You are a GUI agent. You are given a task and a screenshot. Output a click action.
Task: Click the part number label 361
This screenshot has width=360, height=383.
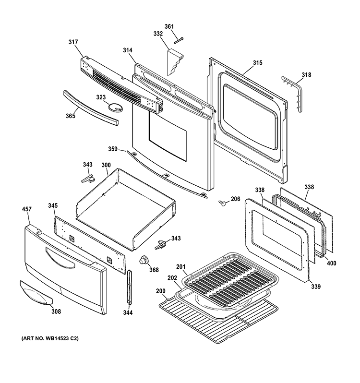(169, 26)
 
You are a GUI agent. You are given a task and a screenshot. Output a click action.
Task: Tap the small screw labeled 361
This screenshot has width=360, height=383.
(179, 40)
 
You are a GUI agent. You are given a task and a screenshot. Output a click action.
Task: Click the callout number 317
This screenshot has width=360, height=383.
(73, 42)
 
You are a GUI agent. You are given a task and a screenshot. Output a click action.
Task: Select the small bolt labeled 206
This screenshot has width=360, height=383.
(222, 203)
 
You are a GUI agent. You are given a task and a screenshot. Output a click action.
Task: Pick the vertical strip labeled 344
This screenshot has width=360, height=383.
(129, 287)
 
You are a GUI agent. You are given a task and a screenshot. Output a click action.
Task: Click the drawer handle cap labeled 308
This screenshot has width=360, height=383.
(36, 293)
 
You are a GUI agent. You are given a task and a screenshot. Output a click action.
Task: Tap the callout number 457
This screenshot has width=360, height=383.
(26, 209)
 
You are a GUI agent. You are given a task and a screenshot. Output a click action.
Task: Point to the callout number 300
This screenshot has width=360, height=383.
(106, 165)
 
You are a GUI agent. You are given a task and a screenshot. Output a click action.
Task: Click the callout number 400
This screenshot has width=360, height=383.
(331, 263)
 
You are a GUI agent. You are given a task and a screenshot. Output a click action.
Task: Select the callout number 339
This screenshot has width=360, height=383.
(315, 286)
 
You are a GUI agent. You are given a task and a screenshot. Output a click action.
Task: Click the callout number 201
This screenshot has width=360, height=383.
(181, 267)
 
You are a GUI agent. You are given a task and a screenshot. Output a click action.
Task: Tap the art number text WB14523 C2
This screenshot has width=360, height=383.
(61, 338)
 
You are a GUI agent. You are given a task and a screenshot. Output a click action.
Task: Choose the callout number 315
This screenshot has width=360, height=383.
(257, 63)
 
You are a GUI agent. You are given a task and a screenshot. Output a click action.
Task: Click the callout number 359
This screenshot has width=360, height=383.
(113, 149)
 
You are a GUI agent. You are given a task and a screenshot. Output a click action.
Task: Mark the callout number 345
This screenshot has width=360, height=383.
(53, 206)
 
